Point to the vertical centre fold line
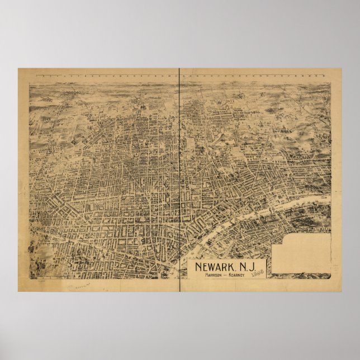pyautogui.click(x=179, y=168)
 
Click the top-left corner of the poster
pyautogui.click(x=18, y=69)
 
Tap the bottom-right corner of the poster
pyautogui.click(x=342, y=291)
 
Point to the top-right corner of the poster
pyautogui.click(x=342, y=69)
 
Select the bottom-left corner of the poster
pyautogui.click(x=18, y=291)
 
